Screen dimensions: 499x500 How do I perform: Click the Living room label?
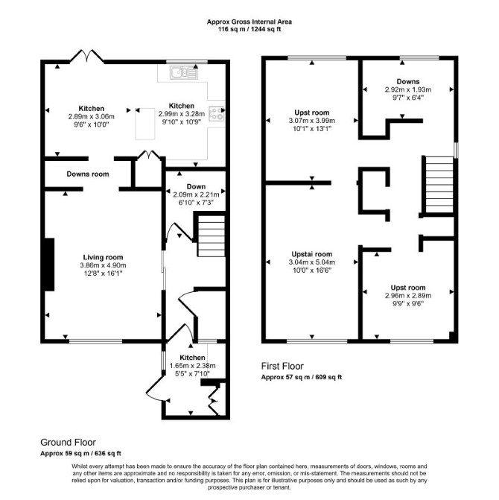coord(103,257)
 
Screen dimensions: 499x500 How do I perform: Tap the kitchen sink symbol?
coord(184,73)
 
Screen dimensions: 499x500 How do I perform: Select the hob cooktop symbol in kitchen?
coord(217,114)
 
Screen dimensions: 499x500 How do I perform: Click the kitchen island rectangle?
coord(145,124)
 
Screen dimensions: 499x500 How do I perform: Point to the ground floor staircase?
coord(210,236)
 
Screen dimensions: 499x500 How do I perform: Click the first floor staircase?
coord(439,185)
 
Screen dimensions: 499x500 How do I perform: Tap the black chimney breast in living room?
coord(49,265)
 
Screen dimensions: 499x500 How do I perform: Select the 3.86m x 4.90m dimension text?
coord(103,265)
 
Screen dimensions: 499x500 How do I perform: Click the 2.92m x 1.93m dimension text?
coord(408,89)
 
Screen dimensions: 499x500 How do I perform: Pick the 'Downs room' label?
coord(88,174)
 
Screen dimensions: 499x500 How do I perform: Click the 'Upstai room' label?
coord(312,254)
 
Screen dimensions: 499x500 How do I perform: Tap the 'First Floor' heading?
coord(282,366)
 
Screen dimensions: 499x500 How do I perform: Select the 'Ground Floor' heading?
coord(68,443)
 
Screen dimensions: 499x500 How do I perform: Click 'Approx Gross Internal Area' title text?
coord(249,22)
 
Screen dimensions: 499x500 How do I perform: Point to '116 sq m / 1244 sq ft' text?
coord(249,29)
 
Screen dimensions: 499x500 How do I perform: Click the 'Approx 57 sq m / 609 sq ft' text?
coord(302,377)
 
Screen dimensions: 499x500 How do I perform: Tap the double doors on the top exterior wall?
coord(86,55)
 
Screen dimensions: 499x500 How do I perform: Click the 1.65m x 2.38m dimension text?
coord(192,366)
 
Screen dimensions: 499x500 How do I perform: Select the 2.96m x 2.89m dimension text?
coord(408,296)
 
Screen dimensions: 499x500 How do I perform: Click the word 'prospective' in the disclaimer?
coord(223,487)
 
